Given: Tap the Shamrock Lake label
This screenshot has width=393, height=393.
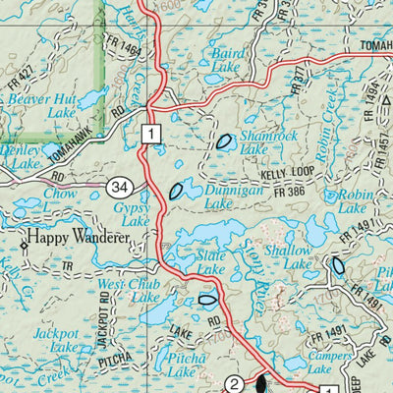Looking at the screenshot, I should [241, 141].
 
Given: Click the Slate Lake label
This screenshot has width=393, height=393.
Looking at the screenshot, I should [212, 262].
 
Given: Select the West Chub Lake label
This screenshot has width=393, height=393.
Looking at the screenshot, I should [131, 291].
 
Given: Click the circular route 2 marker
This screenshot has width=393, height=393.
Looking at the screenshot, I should [234, 383].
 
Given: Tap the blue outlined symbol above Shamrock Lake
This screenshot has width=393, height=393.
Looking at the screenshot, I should [225, 140].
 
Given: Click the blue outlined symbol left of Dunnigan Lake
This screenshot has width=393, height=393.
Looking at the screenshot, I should [177, 191].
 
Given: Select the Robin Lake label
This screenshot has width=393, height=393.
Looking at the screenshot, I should [356, 201].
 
